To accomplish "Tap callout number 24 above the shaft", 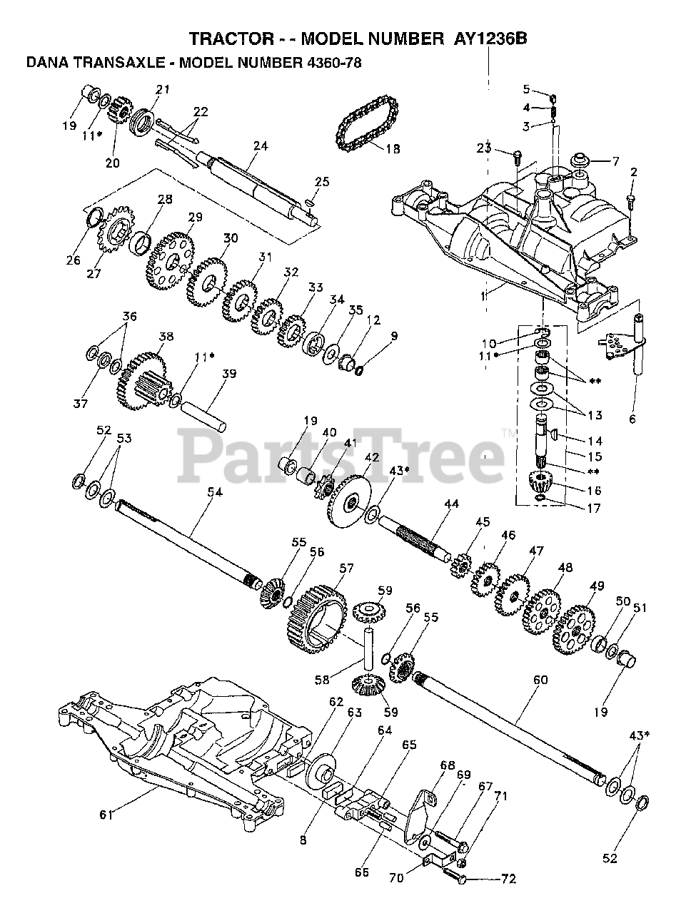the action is pyautogui.click(x=260, y=146).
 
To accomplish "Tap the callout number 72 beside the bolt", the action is pyautogui.click(x=508, y=879).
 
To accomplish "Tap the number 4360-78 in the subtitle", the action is pyautogui.click(x=333, y=63).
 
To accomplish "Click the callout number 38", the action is pyautogui.click(x=166, y=336).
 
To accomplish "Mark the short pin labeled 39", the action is pyautogui.click(x=205, y=414).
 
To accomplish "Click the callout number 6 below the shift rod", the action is pyautogui.click(x=632, y=419).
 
